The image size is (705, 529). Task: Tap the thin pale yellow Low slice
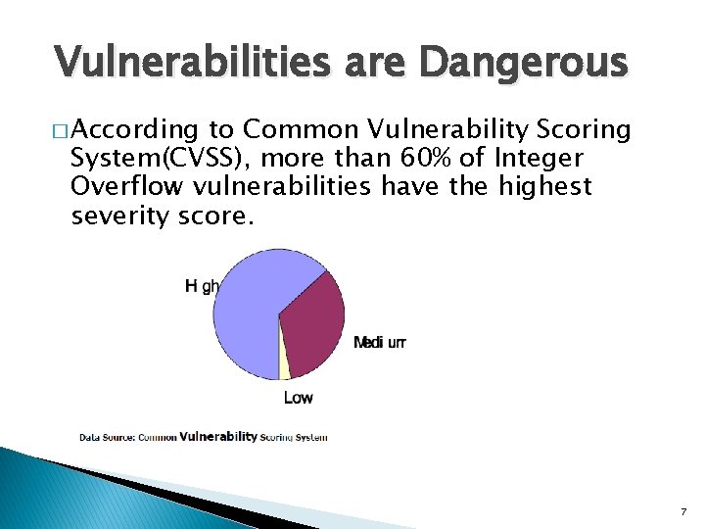click(285, 364)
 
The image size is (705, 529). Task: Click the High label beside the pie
click(202, 286)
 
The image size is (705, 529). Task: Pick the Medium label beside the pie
click(379, 343)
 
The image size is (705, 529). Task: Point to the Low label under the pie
click(299, 397)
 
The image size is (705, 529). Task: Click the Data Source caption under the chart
click(204, 437)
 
